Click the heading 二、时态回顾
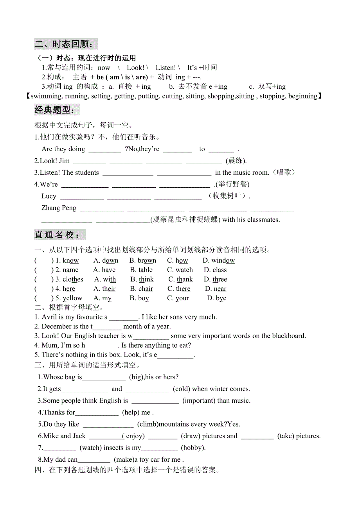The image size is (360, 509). (x=65, y=44)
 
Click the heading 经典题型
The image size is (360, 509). (x=56, y=110)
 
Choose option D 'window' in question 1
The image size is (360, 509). (x=219, y=261)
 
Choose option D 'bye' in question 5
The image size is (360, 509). (x=217, y=298)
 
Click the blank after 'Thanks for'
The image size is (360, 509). (x=97, y=413)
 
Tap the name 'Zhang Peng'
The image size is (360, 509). (x=59, y=208)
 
